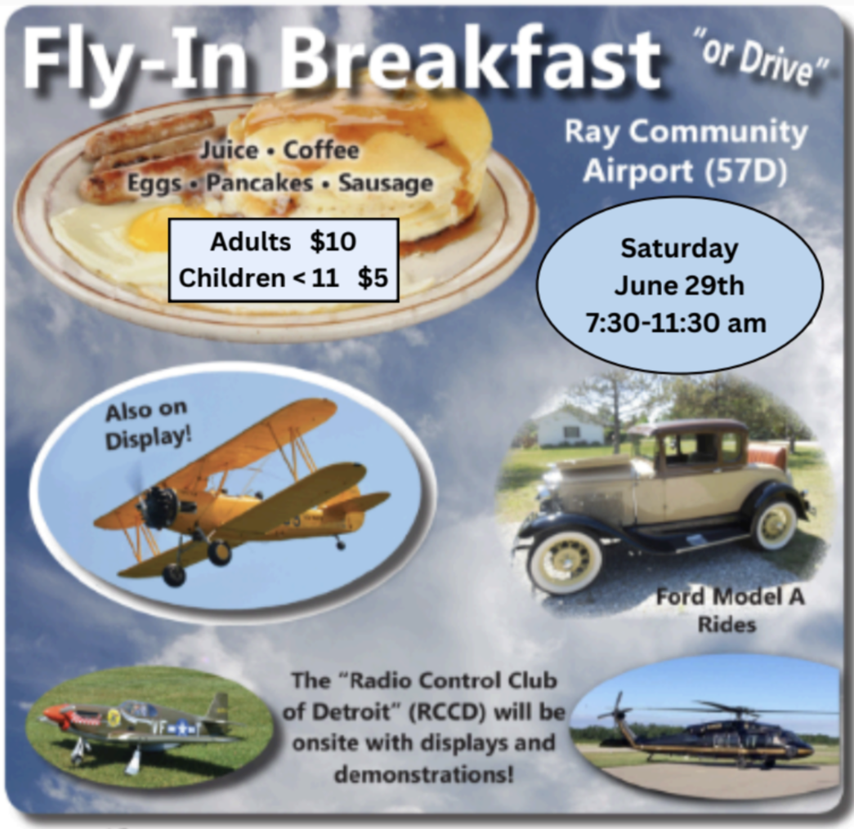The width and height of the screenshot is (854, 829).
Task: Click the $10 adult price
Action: tap(333, 242)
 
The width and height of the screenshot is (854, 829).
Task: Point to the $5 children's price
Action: tap(372, 278)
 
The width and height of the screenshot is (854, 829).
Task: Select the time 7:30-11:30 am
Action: tap(676, 323)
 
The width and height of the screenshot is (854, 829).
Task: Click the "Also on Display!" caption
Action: tap(147, 423)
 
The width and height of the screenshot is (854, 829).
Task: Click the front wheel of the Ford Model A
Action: tap(564, 563)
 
